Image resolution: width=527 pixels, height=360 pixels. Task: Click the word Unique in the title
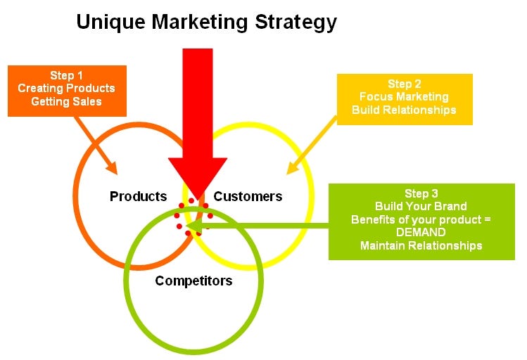pos(111,22)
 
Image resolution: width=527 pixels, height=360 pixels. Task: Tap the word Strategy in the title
pos(296,22)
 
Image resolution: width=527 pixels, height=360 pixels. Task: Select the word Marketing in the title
pos(200,22)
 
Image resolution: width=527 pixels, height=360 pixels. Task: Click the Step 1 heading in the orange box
pos(67,75)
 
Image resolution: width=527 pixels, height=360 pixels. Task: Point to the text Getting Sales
pos(67,101)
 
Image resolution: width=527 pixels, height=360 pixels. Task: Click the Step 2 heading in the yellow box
pos(405,84)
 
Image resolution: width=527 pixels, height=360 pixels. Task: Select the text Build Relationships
pos(404,110)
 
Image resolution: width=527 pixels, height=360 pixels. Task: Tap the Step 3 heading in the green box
pos(421,193)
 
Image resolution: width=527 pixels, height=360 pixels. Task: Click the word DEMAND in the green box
pos(421,232)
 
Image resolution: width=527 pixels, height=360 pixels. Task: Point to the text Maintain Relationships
pos(421,245)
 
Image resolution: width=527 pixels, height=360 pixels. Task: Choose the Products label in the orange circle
pos(138,196)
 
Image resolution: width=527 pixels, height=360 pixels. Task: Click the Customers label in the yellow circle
pos(248,196)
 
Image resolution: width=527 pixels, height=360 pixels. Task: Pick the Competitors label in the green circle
pos(193,281)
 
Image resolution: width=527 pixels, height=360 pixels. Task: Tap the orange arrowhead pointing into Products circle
pos(111,167)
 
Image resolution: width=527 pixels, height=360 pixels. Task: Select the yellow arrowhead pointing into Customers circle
pos(292,167)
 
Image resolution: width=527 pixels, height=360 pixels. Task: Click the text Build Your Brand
pos(421,206)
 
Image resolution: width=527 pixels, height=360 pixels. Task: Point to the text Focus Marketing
pos(404,97)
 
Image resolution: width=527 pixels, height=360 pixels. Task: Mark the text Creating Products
pos(67,89)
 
